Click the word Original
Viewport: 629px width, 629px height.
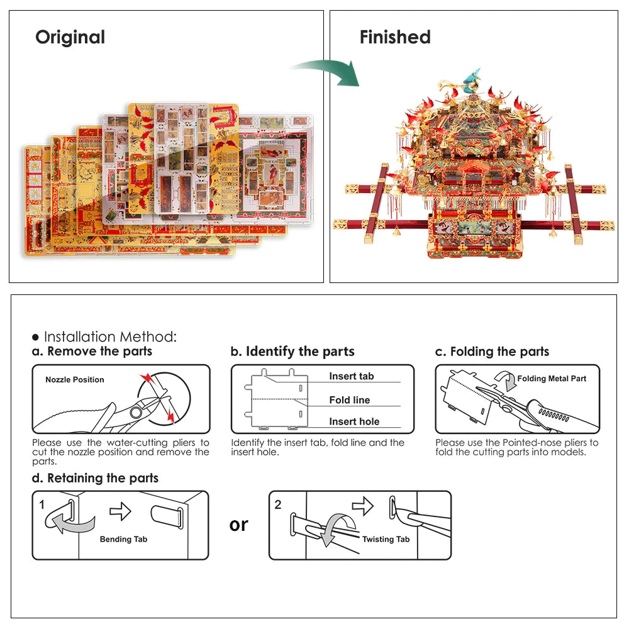point(70,37)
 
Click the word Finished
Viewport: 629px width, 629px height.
point(395,37)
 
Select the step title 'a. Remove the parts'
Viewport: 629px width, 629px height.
point(92,352)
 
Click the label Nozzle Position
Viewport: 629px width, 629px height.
point(74,380)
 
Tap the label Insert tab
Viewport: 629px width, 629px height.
point(351,376)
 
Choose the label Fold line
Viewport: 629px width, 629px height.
point(349,400)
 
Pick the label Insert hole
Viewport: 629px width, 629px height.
point(354,421)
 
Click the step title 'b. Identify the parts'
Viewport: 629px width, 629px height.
point(292,352)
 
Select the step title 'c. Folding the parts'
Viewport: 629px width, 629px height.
point(492,352)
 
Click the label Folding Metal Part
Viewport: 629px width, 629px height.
point(551,379)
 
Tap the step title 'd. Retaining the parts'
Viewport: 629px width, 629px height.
point(95,478)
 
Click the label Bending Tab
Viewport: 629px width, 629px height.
point(123,539)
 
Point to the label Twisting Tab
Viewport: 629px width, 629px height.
point(386,539)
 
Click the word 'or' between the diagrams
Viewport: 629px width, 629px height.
point(239,524)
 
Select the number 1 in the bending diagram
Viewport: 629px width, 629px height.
point(42,504)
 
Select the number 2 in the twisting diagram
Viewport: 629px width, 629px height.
point(278,504)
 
